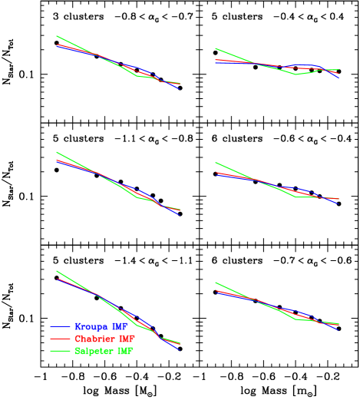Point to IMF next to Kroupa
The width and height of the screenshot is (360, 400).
[x=120, y=326]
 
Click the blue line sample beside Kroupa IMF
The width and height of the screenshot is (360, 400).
[x=61, y=326]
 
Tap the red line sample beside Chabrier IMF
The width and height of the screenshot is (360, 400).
[x=61, y=339]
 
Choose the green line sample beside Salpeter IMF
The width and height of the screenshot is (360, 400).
[x=61, y=351]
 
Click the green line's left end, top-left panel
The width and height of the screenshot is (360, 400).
[x=57, y=35]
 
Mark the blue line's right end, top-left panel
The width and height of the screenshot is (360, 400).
[x=180, y=89]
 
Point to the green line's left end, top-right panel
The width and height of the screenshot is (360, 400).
[x=216, y=48]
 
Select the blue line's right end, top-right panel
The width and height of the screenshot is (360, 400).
[x=339, y=78]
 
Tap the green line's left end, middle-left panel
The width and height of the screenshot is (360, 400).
[x=57, y=152]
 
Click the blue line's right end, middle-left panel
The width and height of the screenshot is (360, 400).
[x=180, y=215]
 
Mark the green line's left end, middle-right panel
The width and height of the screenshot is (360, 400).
[x=216, y=163]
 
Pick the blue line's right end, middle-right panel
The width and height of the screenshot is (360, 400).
[x=339, y=203]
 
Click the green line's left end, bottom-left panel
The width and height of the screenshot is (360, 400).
[x=57, y=270]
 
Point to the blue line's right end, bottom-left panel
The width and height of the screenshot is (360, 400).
[x=180, y=350]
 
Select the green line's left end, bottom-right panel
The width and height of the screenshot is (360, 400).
[x=216, y=283]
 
